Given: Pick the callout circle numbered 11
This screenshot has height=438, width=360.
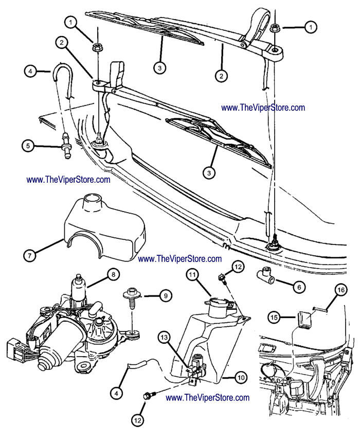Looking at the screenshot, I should pyautogui.click(x=192, y=277).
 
